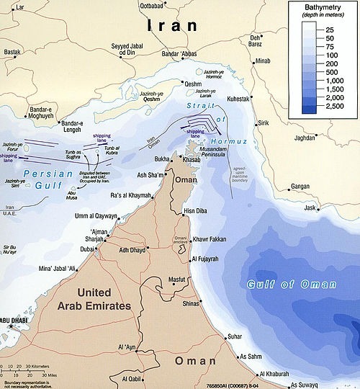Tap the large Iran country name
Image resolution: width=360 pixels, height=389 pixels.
coord(172,26)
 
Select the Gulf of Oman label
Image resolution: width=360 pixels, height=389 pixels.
coord(291,284)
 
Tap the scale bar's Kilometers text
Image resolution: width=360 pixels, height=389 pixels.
coord(40,366)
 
